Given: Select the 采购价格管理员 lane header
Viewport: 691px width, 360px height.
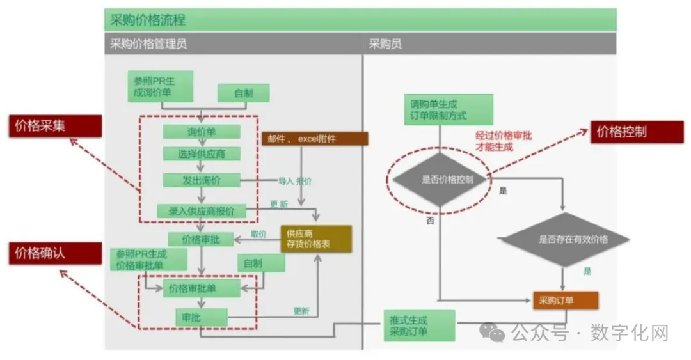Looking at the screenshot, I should pyautogui.click(x=149, y=44).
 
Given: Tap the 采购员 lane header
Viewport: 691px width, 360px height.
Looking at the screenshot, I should pyautogui.click(x=386, y=44).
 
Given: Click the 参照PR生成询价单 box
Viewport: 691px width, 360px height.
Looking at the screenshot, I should pyautogui.click(x=161, y=87).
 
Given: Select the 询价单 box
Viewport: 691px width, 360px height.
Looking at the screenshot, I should pyautogui.click(x=201, y=132).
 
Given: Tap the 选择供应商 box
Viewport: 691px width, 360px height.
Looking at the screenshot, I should pyautogui.click(x=201, y=153).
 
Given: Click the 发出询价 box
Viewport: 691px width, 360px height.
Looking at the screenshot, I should pyautogui.click(x=201, y=181).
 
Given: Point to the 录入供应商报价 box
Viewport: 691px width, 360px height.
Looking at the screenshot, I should pyautogui.click(x=202, y=211).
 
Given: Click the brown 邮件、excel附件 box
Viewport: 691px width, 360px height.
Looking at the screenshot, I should pyautogui.click(x=314, y=138).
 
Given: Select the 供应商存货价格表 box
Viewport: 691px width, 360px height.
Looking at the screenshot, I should pyautogui.click(x=316, y=239).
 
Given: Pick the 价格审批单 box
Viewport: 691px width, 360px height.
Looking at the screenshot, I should pyautogui.click(x=201, y=288).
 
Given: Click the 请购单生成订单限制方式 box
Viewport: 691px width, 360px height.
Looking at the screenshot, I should pyautogui.click(x=448, y=109).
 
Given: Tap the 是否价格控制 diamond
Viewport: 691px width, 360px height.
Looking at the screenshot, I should pyautogui.click(x=441, y=180).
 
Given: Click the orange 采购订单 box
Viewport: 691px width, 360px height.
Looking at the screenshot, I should pyautogui.click(x=565, y=301).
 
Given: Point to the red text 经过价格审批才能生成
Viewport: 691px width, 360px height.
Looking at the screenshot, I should pyautogui.click(x=504, y=141).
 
